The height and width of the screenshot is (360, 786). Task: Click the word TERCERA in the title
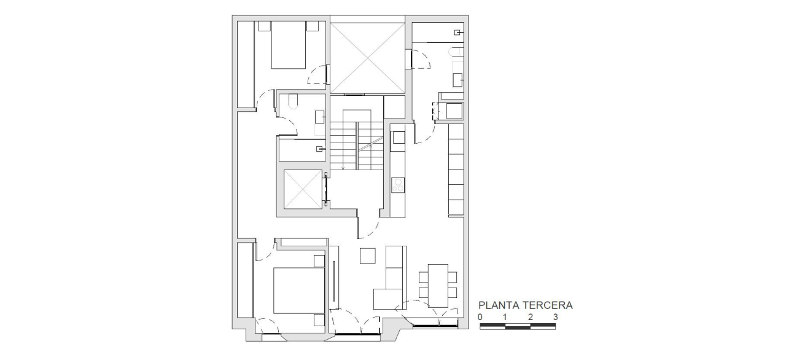[548, 305]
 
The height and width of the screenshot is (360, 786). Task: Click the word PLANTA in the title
[499, 305]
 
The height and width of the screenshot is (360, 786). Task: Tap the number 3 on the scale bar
[556, 317]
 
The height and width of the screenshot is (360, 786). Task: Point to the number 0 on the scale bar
[480, 317]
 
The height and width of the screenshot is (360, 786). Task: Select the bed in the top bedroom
[289, 45]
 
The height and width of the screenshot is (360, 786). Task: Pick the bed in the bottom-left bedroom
[298, 291]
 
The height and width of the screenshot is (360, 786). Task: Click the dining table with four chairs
[438, 286]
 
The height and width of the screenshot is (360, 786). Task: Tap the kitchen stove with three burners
[398, 185]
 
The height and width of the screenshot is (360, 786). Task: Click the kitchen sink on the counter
[398, 137]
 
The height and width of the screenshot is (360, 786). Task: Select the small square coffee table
[368, 256]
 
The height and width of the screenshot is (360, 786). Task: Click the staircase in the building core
[356, 140]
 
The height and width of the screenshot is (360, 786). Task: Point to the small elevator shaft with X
[303, 189]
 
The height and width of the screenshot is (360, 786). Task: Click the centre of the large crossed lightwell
[367, 58]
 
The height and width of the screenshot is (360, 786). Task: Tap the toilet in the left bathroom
[293, 101]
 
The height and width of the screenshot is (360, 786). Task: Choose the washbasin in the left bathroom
[320, 117]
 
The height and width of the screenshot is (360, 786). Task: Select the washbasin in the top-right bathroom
[457, 80]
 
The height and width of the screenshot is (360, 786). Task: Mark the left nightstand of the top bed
[265, 26]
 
